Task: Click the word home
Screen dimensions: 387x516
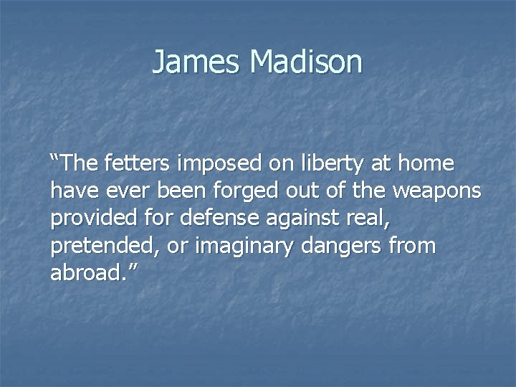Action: (426, 164)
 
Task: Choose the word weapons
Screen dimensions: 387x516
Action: (436, 191)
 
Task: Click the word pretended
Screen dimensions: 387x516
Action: (102, 247)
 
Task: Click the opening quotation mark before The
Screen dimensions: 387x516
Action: (55, 158)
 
